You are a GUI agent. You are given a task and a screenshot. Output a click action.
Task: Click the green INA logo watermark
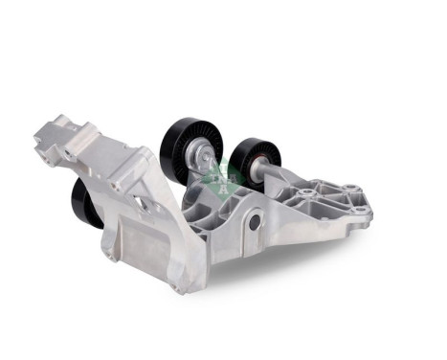pyautogui.click(x=221, y=178)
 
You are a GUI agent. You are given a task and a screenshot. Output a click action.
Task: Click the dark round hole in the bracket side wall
pyautogui.click(x=254, y=223)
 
